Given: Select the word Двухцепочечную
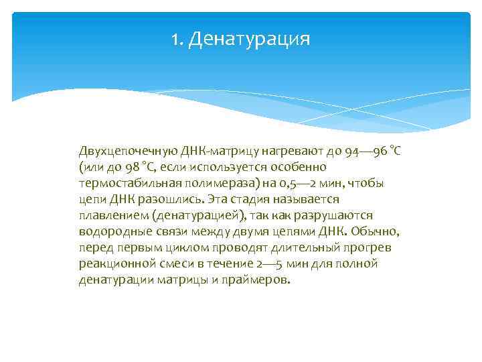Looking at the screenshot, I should (x=127, y=151).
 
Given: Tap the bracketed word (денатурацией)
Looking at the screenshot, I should (x=199, y=215).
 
